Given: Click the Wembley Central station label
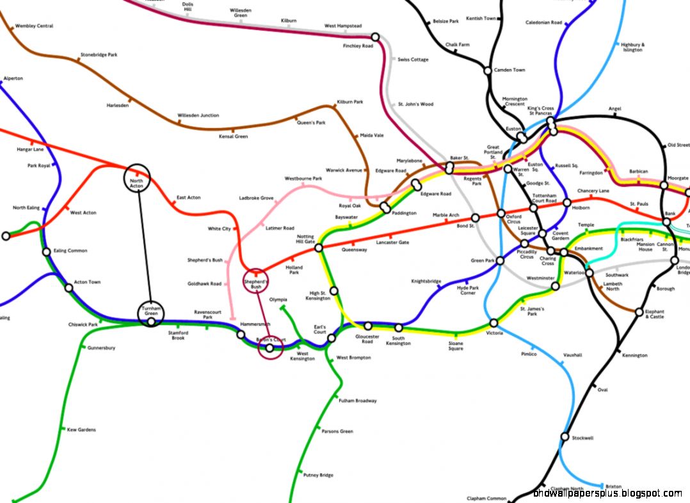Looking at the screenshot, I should point(36,26).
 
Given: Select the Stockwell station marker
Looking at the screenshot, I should point(565,437).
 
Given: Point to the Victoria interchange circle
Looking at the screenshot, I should point(493,323).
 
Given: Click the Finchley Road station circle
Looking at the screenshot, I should point(375,37).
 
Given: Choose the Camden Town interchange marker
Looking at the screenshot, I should point(488,70).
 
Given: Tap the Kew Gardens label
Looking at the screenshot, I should point(81,430).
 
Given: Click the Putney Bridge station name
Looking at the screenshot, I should point(319,475).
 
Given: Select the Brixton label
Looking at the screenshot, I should point(613,487).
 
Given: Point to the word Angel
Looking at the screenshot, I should point(615,109).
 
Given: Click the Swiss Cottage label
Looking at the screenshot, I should point(413,60).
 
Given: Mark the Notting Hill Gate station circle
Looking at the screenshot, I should point(319,247).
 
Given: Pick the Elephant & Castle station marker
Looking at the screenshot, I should point(639,312).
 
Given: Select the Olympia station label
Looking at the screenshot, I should point(278,299).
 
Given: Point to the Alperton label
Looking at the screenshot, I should point(13,79).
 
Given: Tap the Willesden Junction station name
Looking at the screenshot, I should point(198,116).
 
